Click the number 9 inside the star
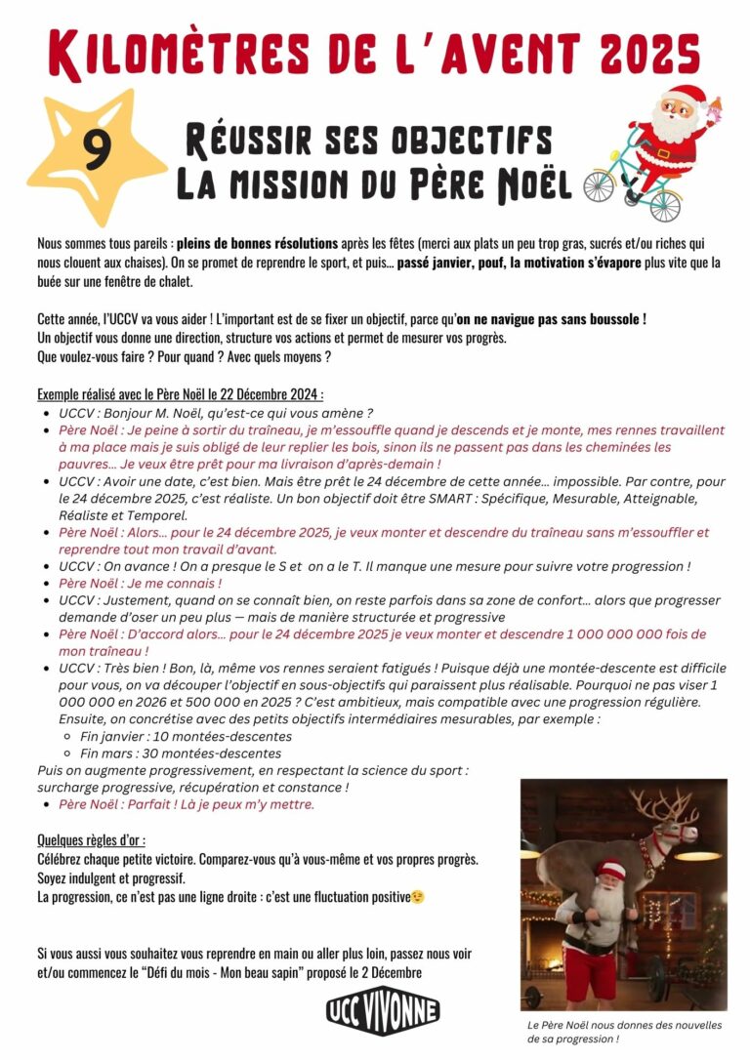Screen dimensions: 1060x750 (95, 151)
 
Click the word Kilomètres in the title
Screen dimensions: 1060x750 (176, 54)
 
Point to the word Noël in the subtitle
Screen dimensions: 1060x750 (534, 183)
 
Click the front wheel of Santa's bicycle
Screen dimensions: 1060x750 (665, 203)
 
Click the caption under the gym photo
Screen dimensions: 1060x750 (623, 1032)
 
